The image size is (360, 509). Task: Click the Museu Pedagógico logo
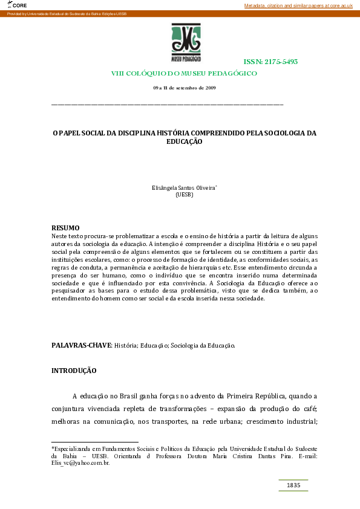(186, 43)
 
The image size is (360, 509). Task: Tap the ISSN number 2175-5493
(270, 62)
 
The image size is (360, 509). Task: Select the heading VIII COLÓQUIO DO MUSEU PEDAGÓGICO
(184, 73)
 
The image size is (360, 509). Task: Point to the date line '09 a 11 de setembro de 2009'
(185, 88)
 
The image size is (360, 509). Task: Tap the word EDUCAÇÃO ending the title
(184, 141)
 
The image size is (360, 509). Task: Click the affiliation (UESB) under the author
(184, 195)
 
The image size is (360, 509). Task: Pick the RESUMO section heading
(65, 227)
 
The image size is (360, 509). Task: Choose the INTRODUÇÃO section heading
(74, 370)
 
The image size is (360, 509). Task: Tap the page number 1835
(293, 485)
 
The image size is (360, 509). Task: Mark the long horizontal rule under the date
(167, 105)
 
